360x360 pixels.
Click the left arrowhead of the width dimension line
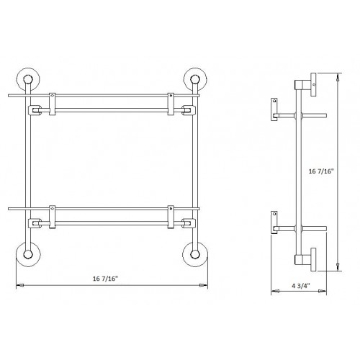19,286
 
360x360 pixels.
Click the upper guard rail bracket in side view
274,109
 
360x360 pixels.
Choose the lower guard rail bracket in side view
274,222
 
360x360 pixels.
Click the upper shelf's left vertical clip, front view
52,104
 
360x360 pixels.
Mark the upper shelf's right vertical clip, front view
171,104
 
